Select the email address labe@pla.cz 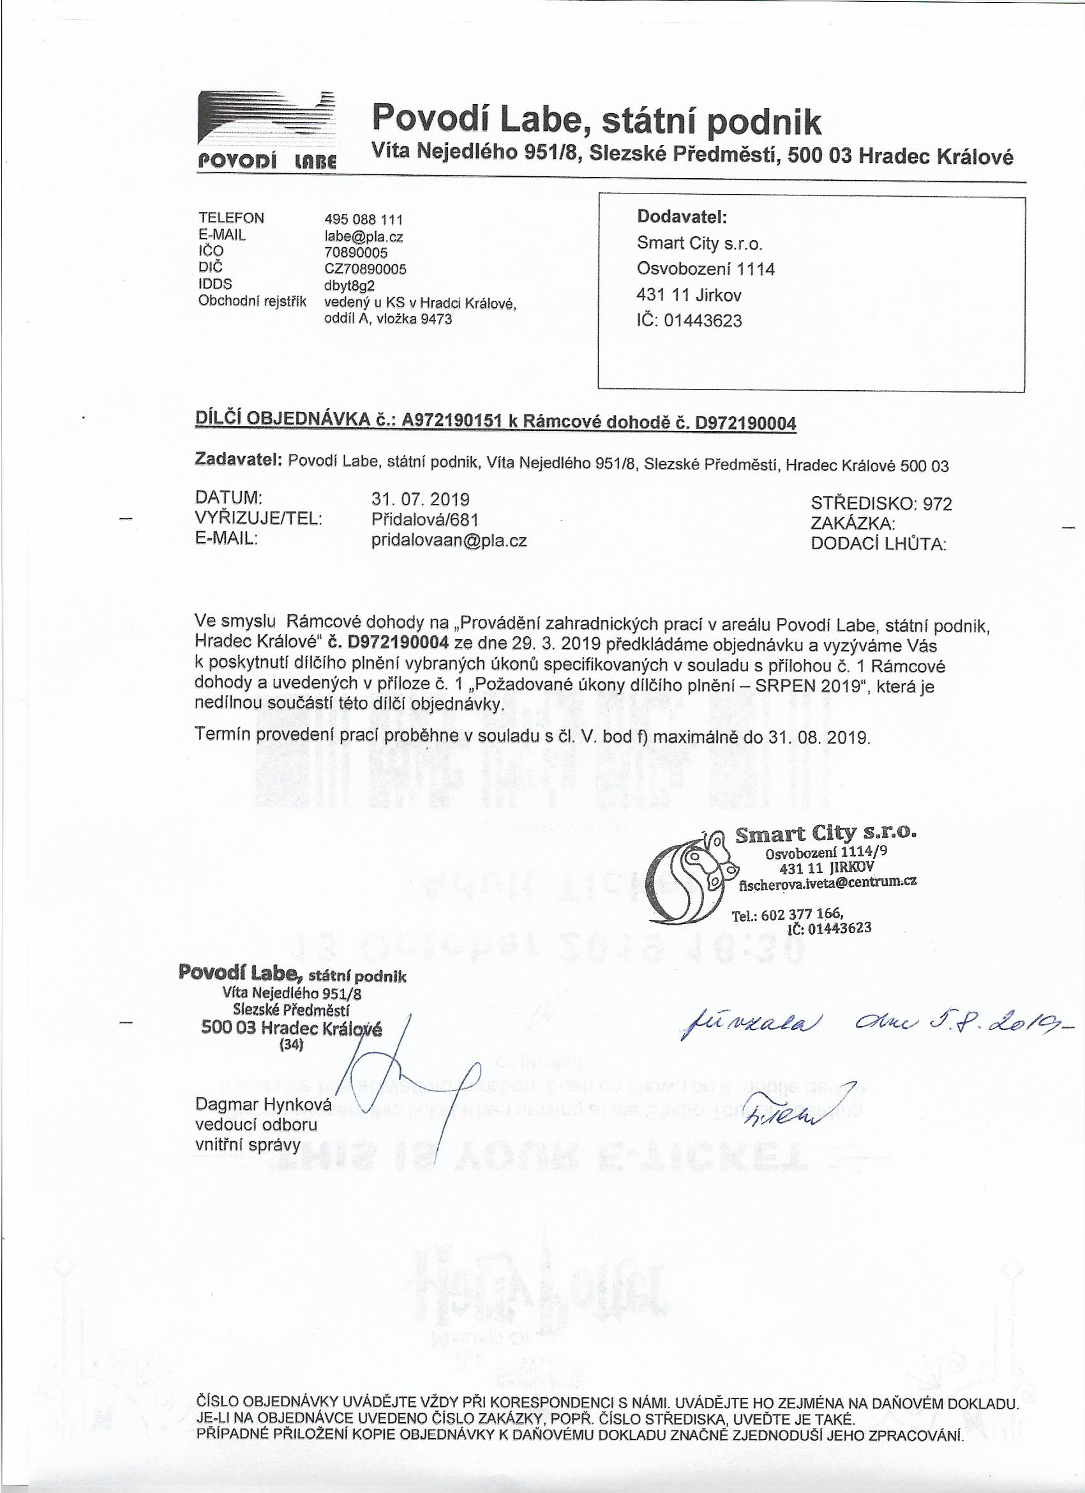[x=364, y=236]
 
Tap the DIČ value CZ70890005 [x=365, y=269]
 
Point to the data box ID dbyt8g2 [x=349, y=285]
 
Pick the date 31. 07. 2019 [x=421, y=497]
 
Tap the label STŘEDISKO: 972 [x=881, y=504]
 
